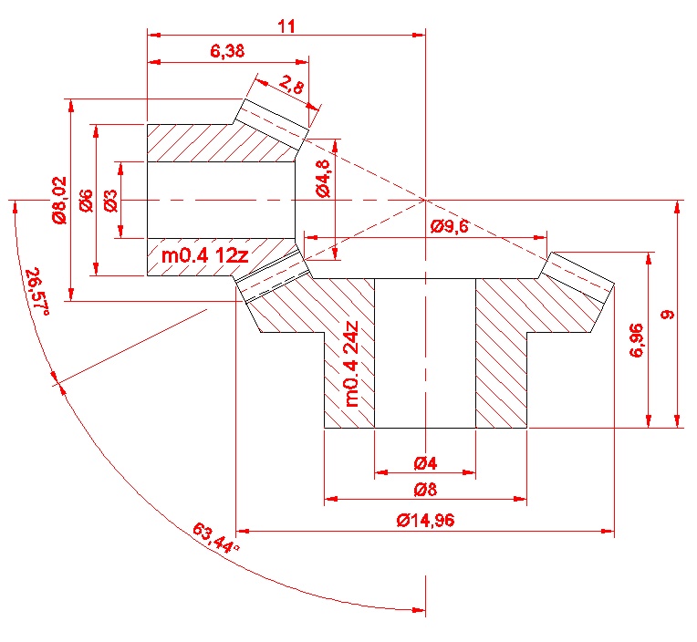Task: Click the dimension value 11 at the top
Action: coord(286,26)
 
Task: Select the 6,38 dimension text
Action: coord(227,52)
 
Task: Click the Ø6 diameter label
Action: coord(86,201)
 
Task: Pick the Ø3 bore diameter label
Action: coord(110,201)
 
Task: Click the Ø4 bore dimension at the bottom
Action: coord(425,462)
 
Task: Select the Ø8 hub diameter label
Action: coord(425,490)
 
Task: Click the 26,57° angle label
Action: coord(37,291)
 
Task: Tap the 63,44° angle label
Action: coord(216,538)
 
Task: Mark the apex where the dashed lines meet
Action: coord(426,200)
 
